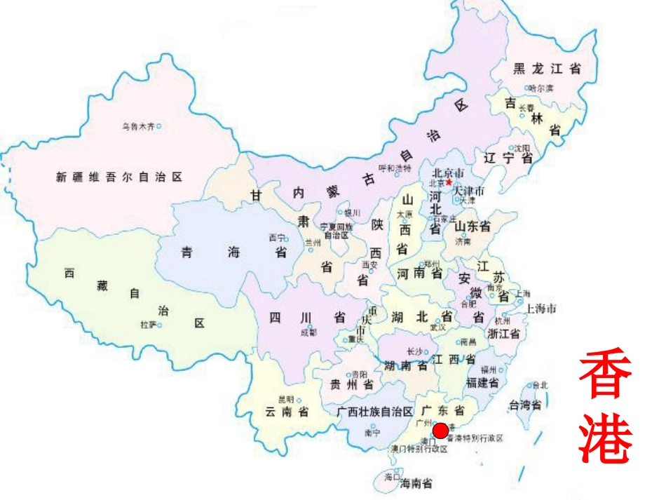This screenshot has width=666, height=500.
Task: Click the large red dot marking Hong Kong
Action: coord(441,431)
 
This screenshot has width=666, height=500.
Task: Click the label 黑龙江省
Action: coord(547,69)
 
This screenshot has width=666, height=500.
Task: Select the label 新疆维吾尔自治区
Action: coord(119,177)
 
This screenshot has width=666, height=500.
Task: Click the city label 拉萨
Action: coord(148,325)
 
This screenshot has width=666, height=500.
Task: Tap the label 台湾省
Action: coord(525,405)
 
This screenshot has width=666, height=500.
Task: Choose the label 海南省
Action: coord(416,483)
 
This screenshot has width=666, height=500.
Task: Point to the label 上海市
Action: coord(541,309)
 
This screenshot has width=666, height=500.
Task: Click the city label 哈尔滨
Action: coord(541,88)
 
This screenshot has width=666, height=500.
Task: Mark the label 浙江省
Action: coord(505,334)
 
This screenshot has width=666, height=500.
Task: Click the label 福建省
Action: coord(482,383)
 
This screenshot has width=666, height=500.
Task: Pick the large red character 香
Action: coord(606,376)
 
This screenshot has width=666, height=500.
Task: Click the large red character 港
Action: coord(606,438)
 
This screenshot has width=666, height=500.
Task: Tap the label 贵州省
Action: coord(352,385)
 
